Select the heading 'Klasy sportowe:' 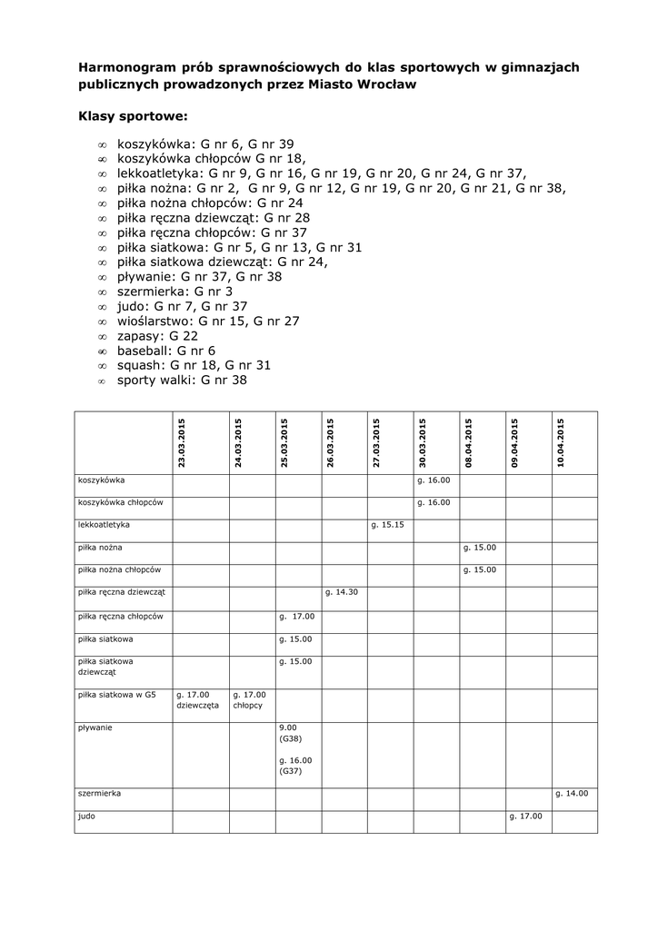(134, 116)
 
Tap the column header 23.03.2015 (182, 442)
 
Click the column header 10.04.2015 (560, 442)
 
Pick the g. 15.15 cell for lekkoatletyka (387, 525)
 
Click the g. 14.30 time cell (341, 592)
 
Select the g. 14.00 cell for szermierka (572, 794)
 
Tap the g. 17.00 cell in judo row (525, 816)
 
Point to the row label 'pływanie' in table (95, 727)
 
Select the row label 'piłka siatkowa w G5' (117, 695)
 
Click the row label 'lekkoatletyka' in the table (105, 525)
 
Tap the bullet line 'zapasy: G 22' (157, 335)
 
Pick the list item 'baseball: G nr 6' (165, 350)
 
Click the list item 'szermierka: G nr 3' (174, 292)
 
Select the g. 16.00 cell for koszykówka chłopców (434, 502)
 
